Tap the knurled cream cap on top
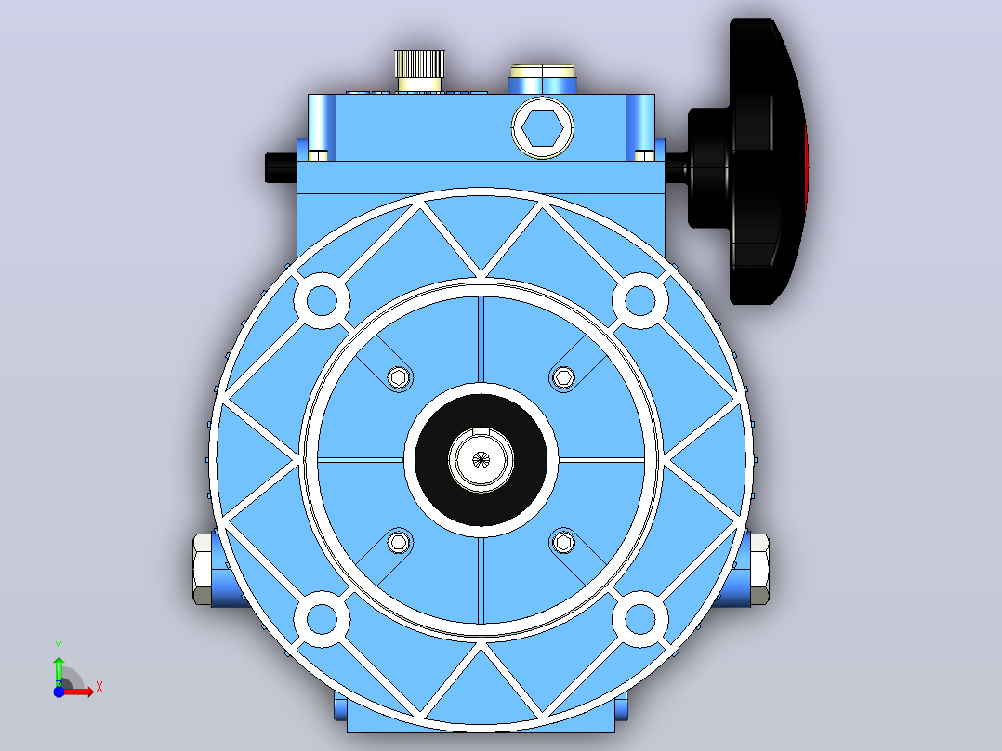click(x=420, y=71)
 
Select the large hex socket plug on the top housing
click(x=543, y=128)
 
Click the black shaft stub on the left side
click(x=281, y=167)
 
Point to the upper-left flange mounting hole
click(x=322, y=300)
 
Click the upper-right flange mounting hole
click(x=639, y=300)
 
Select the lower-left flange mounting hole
click(x=322, y=619)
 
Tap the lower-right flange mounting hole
click(x=639, y=619)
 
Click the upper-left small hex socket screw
click(x=400, y=377)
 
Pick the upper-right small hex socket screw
click(x=563, y=377)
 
